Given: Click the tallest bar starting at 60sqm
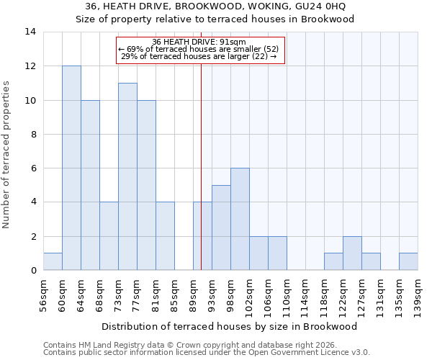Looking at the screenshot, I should pos(71,168).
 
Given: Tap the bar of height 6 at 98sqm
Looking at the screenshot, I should pos(240,220).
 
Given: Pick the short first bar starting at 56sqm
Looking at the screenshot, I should pos(53,262).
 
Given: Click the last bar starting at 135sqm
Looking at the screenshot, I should pos(408,262).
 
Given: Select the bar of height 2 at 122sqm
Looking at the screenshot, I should pos(352,253).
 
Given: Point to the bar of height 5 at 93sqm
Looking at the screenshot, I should pos(221,228).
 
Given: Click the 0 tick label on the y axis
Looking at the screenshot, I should pos(32,271).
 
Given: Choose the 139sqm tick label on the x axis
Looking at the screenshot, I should pos(418,295).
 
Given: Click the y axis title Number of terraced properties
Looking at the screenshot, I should pos(7,155).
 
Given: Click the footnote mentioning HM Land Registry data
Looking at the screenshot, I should pos(186,345).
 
